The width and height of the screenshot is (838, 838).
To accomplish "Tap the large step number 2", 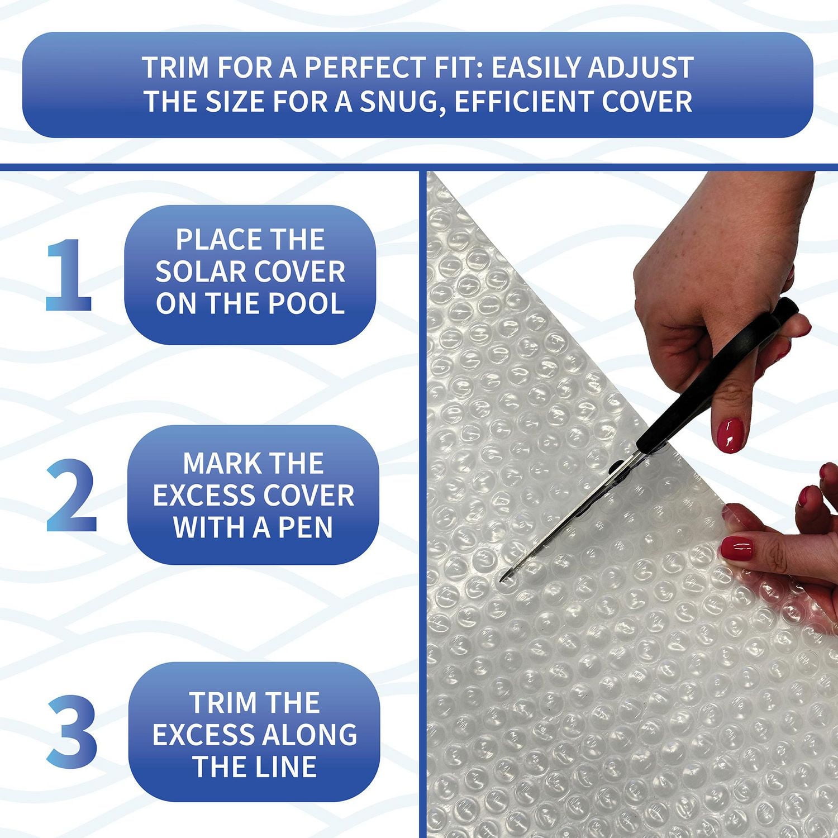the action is coord(72,495).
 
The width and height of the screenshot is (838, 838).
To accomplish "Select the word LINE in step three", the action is coord(285,766).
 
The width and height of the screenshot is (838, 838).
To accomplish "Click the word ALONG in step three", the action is coord(313,735).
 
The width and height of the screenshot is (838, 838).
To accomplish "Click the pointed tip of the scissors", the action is coord(501,580).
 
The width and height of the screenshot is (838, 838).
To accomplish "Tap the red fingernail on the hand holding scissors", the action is coord(730,435).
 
